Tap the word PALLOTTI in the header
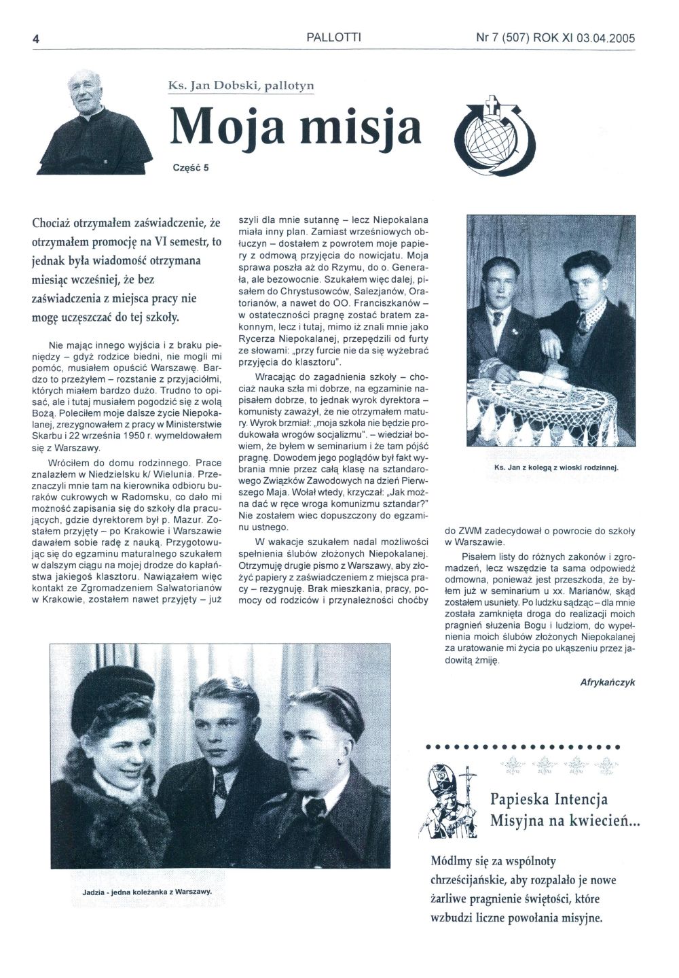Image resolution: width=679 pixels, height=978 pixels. [x=333, y=38]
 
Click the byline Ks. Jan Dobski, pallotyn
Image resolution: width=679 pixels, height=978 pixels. [x=241, y=86]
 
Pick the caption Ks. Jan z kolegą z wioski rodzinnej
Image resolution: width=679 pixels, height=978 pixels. [x=553, y=468]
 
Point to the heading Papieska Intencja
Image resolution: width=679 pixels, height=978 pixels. [x=549, y=799]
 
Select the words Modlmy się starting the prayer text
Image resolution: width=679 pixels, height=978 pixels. [x=464, y=861]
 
